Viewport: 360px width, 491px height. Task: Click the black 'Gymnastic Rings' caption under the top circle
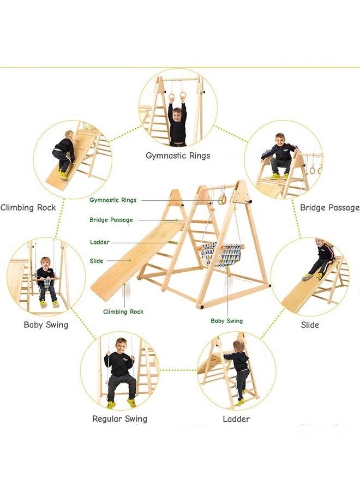tap(178, 155)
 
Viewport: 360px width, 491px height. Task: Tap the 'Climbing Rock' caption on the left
tap(28, 207)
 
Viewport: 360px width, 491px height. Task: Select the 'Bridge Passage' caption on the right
tap(329, 207)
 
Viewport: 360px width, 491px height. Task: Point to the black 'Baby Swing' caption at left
tap(46, 325)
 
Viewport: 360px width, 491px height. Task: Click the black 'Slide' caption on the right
tap(310, 325)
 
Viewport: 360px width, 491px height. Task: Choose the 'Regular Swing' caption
tap(119, 419)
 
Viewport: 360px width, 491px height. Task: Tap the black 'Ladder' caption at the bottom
tap(236, 419)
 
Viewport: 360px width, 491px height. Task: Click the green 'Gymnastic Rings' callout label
tap(113, 200)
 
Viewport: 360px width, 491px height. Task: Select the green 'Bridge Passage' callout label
tap(111, 220)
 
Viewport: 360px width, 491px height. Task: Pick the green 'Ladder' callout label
tap(99, 242)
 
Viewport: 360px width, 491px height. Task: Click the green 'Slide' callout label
tap(96, 261)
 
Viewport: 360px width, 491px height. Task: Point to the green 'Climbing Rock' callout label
tap(123, 312)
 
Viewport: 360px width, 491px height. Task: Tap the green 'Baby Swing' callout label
tap(226, 321)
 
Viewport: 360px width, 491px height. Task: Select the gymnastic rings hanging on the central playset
tap(223, 199)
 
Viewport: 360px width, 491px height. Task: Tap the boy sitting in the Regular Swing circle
tap(119, 371)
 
